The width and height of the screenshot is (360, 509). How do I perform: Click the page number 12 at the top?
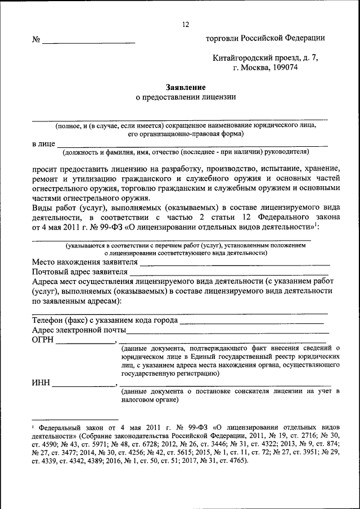[x=185, y=24]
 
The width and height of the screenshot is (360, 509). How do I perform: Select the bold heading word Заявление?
[x=185, y=87]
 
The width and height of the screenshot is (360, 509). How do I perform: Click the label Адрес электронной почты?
[x=79, y=330]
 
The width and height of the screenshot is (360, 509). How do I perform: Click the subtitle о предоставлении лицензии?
[x=186, y=97]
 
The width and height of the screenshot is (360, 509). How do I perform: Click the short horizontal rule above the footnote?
[x=74, y=419]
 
